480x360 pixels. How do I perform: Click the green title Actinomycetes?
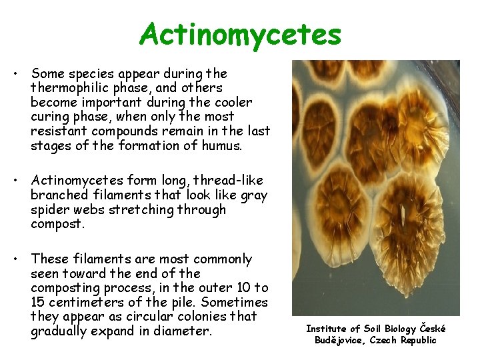point(240,34)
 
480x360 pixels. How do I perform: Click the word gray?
point(254,195)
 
